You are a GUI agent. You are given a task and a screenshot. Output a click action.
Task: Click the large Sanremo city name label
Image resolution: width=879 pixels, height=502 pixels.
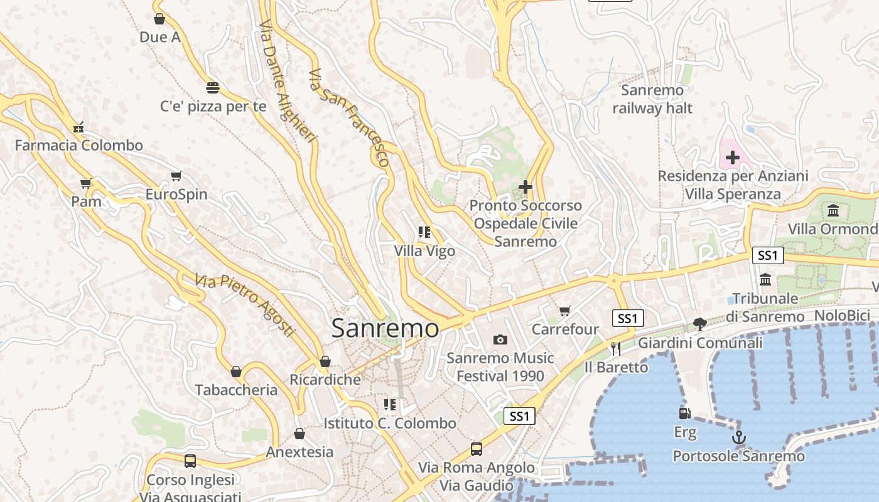click(x=385, y=328)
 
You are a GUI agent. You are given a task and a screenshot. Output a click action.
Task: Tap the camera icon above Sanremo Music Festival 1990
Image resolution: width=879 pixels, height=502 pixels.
click(x=500, y=339)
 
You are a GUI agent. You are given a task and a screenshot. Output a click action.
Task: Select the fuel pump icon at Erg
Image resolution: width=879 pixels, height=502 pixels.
click(x=684, y=413)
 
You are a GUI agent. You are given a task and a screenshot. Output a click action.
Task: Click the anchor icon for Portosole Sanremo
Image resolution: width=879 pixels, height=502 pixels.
click(x=739, y=437)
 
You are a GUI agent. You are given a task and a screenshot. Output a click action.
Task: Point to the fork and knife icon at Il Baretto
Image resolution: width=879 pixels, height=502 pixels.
click(x=616, y=348)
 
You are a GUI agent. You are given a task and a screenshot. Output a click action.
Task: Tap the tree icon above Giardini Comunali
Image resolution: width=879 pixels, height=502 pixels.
click(x=700, y=324)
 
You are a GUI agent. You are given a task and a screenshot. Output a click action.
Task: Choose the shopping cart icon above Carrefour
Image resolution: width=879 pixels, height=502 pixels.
click(x=565, y=311)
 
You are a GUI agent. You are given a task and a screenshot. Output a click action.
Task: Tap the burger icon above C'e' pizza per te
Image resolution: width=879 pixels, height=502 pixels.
click(x=213, y=87)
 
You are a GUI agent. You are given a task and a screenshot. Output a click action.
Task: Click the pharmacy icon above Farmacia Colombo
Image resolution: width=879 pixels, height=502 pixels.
click(x=78, y=127)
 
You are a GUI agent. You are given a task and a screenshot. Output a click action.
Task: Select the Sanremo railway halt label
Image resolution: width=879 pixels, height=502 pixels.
click(x=652, y=99)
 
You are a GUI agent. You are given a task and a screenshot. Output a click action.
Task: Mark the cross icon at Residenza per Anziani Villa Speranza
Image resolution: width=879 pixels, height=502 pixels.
click(x=732, y=158)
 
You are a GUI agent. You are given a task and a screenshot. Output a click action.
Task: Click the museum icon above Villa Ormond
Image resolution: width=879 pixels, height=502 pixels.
click(x=833, y=210)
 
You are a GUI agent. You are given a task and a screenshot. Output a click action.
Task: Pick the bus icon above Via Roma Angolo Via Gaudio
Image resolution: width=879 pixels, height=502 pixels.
click(x=477, y=449)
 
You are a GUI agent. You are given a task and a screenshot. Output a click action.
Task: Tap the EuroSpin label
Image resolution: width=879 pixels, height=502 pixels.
click(x=176, y=195)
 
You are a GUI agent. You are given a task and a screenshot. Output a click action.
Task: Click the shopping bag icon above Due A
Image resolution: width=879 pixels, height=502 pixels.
click(x=159, y=19)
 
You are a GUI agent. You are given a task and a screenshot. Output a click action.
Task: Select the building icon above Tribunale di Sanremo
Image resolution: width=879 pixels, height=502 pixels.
click(x=765, y=279)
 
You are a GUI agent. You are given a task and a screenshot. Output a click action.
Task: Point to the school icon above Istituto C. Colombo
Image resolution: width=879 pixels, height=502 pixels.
click(x=390, y=404)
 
